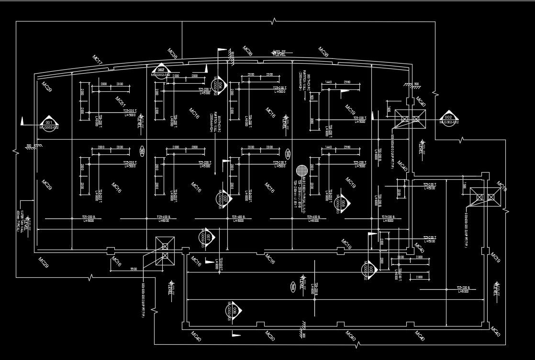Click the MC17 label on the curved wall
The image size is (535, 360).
[x=98, y=60]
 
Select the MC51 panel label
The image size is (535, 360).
[x=120, y=101]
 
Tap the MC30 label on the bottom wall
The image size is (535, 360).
[x=270, y=336]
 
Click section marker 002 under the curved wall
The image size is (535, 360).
[x=161, y=70]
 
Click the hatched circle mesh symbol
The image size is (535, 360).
[x=301, y=171]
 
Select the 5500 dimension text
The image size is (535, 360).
[x=134, y=269]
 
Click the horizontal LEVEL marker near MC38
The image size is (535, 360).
[x=279, y=53]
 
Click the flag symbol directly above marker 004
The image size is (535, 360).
[x=221, y=50]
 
